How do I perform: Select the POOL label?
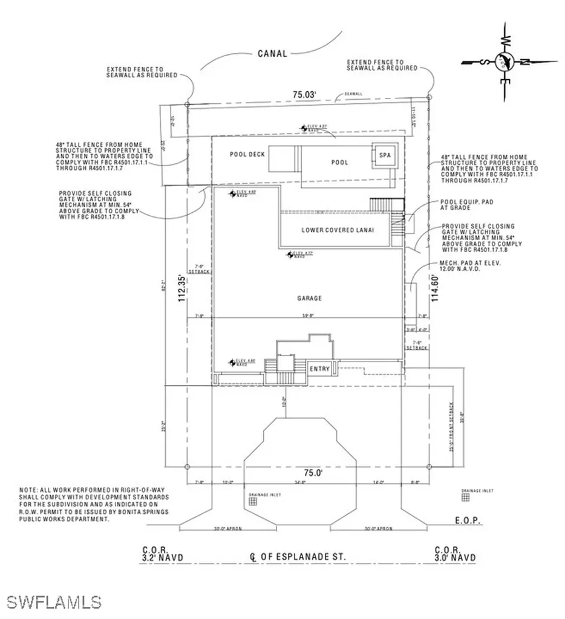coord(339,163)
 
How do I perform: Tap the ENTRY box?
coord(319,369)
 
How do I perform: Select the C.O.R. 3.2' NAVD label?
coord(162,554)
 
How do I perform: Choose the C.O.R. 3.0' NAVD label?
coord(455,554)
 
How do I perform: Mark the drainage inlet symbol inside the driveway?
coord(254,501)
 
